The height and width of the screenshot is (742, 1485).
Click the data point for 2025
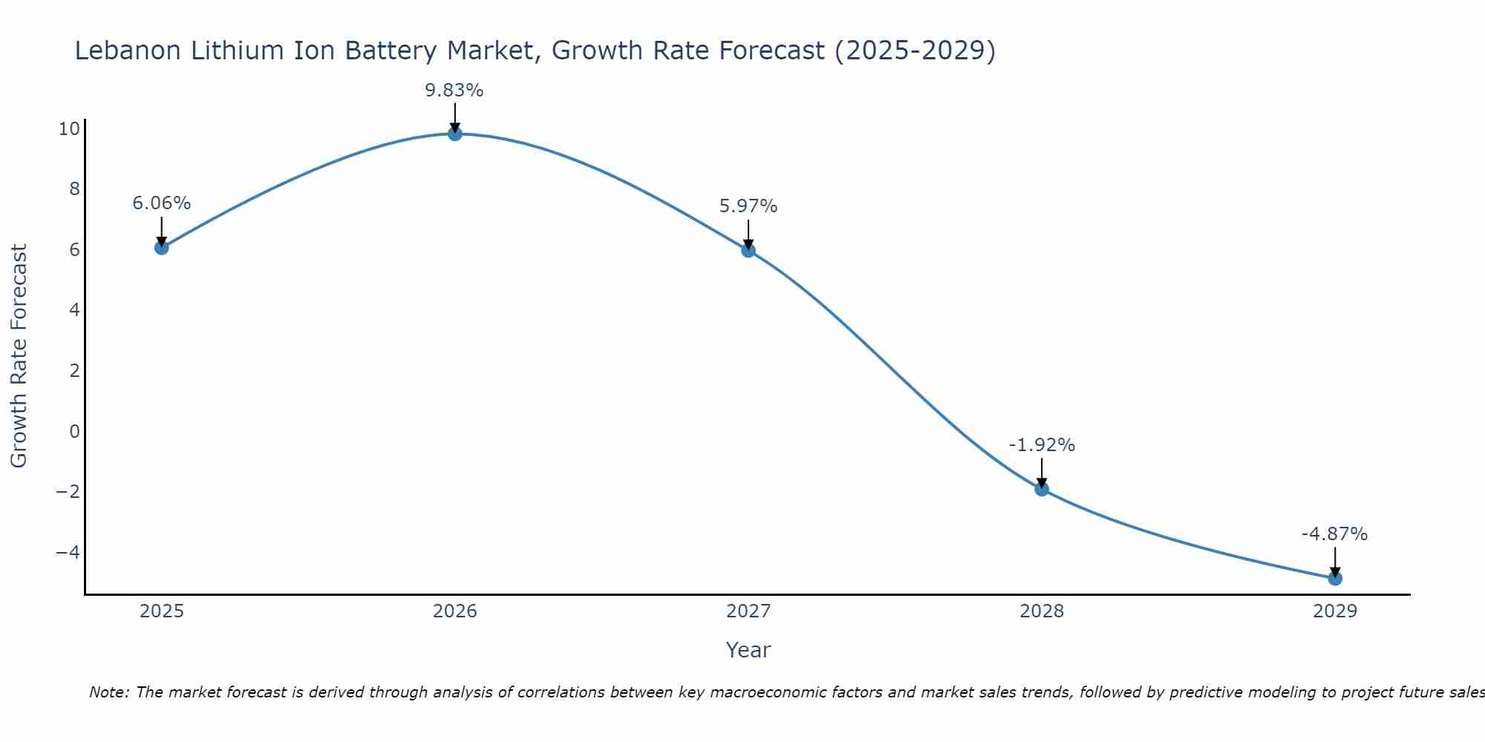(x=162, y=247)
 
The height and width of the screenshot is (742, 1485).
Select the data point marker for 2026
(x=455, y=134)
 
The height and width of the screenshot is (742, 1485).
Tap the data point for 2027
(x=748, y=250)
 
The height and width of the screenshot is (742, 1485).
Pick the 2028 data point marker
(x=1042, y=489)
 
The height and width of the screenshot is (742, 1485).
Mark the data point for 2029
(x=1335, y=578)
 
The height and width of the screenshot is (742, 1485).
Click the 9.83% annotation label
(x=454, y=91)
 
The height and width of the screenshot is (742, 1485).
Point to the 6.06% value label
(x=162, y=203)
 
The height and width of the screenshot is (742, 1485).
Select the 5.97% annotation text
(x=748, y=206)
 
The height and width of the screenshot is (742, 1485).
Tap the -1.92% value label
(x=1042, y=445)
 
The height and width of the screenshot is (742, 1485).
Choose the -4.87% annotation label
(x=1334, y=534)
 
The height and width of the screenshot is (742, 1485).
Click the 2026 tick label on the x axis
(x=455, y=611)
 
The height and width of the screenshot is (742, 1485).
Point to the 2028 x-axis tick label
(x=1042, y=611)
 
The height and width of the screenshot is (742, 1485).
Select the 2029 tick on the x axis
(x=1335, y=611)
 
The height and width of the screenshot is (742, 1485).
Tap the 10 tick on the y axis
(x=69, y=129)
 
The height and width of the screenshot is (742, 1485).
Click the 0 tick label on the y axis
(x=74, y=431)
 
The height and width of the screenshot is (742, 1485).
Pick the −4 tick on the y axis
(x=68, y=552)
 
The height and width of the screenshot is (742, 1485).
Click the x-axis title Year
(x=748, y=650)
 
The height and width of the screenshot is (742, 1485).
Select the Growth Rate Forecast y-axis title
(x=19, y=356)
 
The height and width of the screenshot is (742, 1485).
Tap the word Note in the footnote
(x=108, y=692)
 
